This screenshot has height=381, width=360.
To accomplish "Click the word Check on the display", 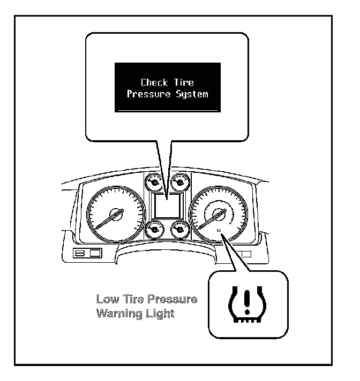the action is (153, 82).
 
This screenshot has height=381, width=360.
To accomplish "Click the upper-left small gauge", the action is (154, 184).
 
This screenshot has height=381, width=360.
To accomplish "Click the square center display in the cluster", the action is (167, 206).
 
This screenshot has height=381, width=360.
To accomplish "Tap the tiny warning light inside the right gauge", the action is (220, 230).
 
